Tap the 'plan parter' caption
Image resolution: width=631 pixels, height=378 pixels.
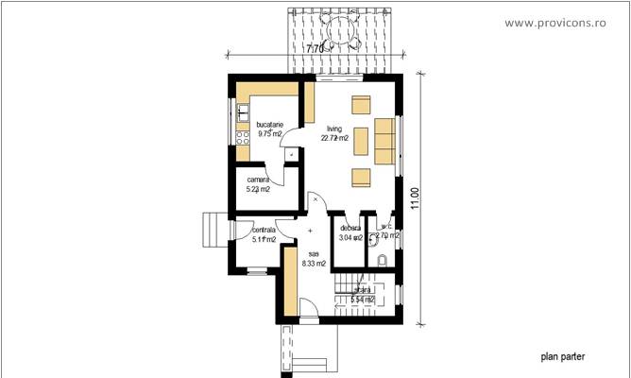pyautogui.click(x=562, y=357)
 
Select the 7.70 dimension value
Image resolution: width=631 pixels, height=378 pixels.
pyautogui.click(x=315, y=45)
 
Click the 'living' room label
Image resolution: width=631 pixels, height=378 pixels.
pyautogui.click(x=333, y=129)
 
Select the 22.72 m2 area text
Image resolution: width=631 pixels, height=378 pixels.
pyautogui.click(x=334, y=138)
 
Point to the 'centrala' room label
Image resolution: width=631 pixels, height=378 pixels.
pyautogui.click(x=264, y=230)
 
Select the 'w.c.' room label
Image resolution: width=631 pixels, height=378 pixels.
pyautogui.click(x=386, y=227)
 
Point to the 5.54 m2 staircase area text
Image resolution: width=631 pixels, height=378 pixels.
pyautogui.click(x=363, y=301)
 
